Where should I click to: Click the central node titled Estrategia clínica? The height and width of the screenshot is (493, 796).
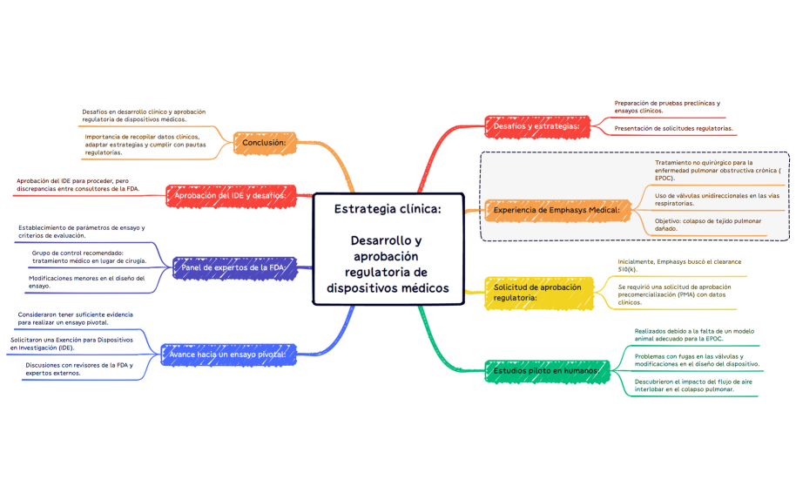pos(388,248)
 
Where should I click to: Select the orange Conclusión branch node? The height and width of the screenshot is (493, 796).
pos(269,142)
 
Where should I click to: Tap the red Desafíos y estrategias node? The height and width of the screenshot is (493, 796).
pos(536,126)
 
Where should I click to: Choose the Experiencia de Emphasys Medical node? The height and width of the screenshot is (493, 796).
pos(557,210)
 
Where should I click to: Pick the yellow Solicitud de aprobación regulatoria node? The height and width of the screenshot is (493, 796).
pos(538,292)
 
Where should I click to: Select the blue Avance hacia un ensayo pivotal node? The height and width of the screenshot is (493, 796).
pos(229,355)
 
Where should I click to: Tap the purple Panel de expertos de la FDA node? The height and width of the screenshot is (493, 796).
pos(234,267)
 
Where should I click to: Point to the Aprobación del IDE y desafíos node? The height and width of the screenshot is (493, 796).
pos(230,195)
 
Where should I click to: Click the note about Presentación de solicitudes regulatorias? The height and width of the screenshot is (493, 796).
pos(673,129)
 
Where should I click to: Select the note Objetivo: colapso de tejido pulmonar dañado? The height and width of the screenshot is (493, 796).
pos(707,226)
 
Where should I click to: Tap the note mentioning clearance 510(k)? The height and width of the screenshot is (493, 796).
pos(679,266)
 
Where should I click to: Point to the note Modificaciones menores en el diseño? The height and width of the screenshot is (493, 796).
pos(86,281)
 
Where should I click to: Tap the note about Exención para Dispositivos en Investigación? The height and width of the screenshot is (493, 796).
pos(71,342)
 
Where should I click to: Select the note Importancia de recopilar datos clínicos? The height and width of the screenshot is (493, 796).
pos(142,145)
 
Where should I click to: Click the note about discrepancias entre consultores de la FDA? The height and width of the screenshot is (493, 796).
pos(78,185)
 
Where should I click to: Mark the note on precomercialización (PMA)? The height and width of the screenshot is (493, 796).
pos(674,294)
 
